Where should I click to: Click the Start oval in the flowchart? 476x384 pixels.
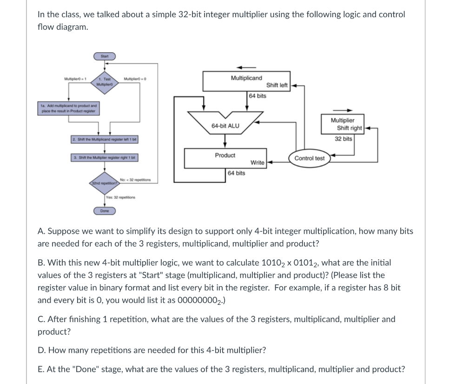pos(105,56)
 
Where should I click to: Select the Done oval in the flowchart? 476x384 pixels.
pos(105,211)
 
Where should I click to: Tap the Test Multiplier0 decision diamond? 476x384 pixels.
pos(104,82)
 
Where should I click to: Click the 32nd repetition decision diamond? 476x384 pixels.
pos(104,183)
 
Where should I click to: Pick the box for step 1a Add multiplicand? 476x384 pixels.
pos(69,108)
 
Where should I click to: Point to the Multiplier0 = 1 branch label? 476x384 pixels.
pos(73,80)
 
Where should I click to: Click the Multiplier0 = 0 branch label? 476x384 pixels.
pos(135,80)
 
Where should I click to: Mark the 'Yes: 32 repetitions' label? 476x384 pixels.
pos(120,197)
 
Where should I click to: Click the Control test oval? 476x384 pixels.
pos(310,158)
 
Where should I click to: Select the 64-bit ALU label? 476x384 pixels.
pos(225,126)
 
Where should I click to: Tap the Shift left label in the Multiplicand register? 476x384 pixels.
pos(277,85)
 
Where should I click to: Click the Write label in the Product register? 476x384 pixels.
pos(258,162)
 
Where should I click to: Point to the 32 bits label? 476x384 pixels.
pos(343,139)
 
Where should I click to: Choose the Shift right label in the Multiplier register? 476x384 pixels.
pos(350,128)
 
